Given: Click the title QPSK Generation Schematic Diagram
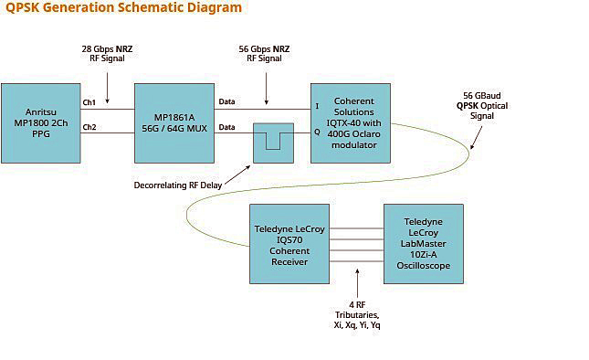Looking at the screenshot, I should (123, 8).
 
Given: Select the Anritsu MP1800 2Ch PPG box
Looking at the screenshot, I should (40, 122).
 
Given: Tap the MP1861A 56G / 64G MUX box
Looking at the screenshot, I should (174, 122).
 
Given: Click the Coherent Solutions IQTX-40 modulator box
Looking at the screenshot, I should (351, 122).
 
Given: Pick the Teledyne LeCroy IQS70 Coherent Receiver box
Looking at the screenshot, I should (288, 243).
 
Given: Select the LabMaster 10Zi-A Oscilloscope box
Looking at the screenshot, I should (423, 243).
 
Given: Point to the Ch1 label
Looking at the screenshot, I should (89, 101).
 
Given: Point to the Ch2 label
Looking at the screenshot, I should (89, 127).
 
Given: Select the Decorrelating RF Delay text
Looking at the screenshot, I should (176, 186).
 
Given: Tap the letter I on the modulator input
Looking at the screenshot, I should (317, 106).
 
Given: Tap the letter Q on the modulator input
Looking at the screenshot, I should (317, 131).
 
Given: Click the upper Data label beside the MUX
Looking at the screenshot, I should (227, 101).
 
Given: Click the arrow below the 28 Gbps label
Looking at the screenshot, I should (108, 90).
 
